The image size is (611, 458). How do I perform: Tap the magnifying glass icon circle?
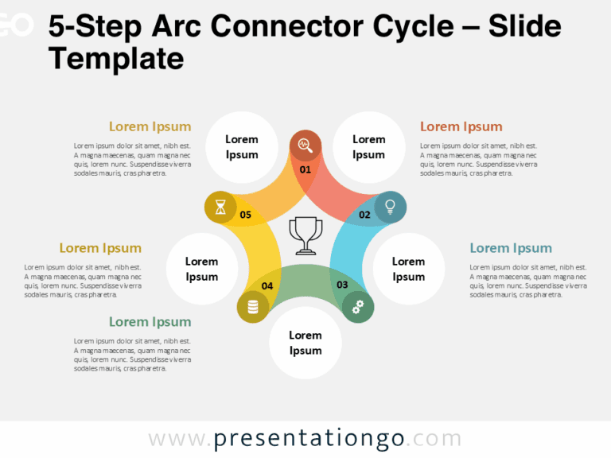click(305, 146)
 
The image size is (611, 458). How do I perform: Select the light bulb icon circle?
click(390, 207)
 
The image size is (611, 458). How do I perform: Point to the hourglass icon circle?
click(220, 207)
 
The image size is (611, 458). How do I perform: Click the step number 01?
click(305, 169)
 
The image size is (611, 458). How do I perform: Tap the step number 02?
click(364, 215)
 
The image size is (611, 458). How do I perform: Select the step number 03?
click(342, 285)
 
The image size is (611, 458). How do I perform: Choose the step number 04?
click(267, 285)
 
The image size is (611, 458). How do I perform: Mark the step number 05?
click(245, 215)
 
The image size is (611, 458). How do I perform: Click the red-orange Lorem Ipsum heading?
click(461, 126)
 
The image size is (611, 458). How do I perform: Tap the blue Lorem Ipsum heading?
click(510, 248)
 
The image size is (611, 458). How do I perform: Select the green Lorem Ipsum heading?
click(150, 322)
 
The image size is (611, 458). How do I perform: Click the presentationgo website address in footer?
click(305, 439)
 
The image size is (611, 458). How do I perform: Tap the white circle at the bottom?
click(305, 343)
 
